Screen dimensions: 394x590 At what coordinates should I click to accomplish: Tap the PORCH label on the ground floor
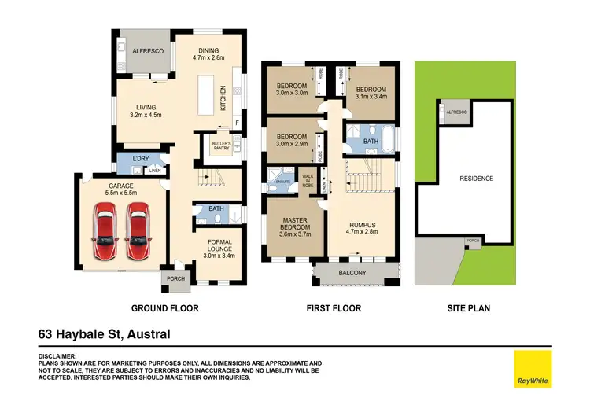click(x=175, y=278)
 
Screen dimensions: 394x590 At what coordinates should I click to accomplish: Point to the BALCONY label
click(x=352, y=273)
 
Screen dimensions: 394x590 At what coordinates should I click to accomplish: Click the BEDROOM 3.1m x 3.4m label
click(x=369, y=94)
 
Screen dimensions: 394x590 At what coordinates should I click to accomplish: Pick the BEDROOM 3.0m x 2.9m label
click(x=291, y=142)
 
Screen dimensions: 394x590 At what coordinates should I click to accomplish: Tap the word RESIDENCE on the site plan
click(x=477, y=179)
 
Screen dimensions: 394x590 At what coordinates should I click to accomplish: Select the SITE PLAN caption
click(x=466, y=308)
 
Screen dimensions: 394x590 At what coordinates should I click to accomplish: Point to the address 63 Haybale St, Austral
click(x=104, y=334)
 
